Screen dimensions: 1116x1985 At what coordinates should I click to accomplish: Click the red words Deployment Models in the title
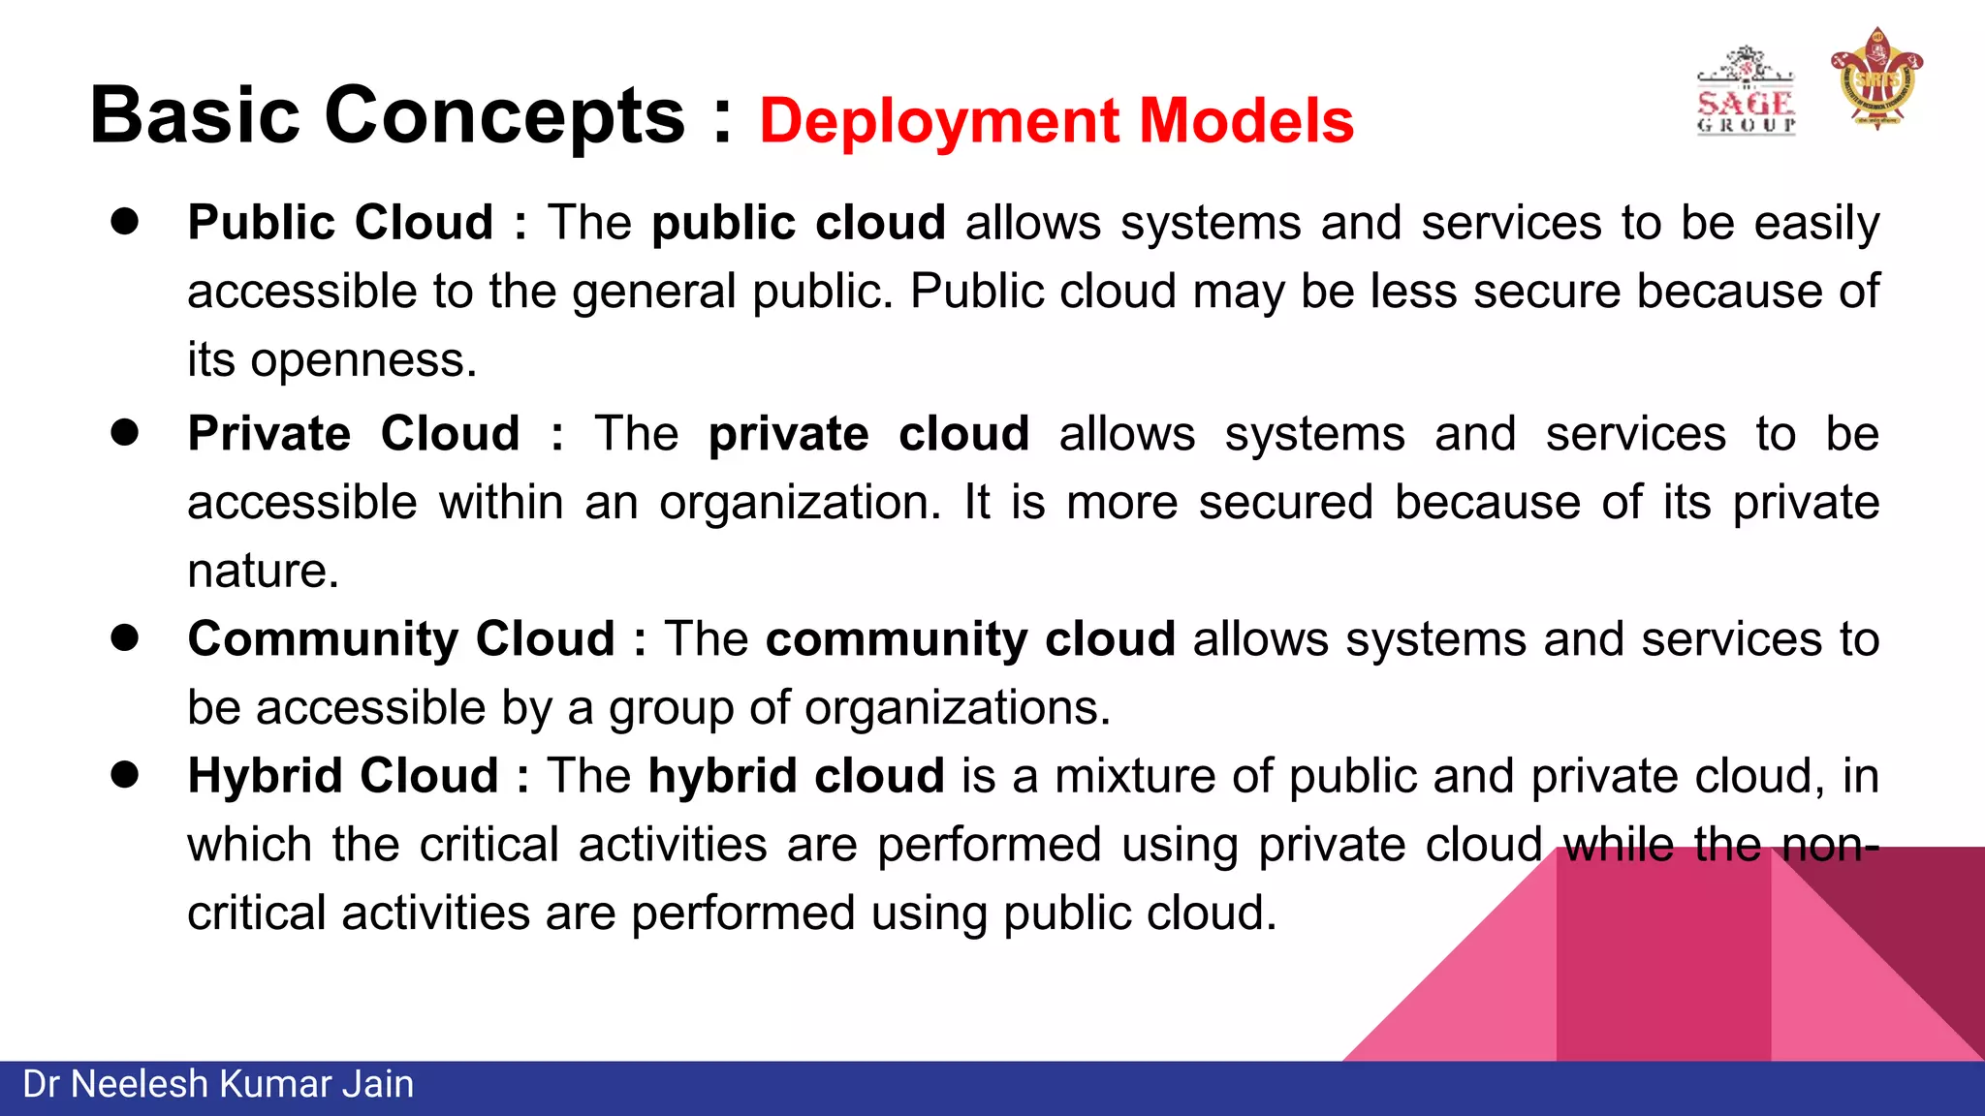pyautogui.click(x=1056, y=121)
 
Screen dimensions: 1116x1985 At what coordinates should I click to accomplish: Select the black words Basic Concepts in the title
pyautogui.click(x=387, y=116)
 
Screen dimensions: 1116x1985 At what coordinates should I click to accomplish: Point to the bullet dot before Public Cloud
pyautogui.click(x=125, y=222)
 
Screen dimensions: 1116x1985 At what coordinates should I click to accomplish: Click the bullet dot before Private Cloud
pyautogui.click(x=125, y=432)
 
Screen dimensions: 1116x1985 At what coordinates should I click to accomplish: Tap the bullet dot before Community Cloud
pyautogui.click(x=125, y=637)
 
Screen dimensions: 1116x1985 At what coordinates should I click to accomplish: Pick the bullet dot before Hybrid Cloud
pyautogui.click(x=125, y=775)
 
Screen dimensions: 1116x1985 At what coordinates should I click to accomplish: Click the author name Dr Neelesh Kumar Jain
pyautogui.click(x=218, y=1085)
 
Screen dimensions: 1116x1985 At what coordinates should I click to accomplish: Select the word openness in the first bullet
pyautogui.click(x=363, y=360)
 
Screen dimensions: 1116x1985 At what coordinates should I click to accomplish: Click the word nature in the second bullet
pyautogui.click(x=263, y=571)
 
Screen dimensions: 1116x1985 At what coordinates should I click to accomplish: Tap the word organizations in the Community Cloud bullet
pyautogui.click(x=957, y=708)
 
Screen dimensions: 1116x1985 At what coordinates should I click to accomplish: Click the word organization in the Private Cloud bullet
pyautogui.click(x=800, y=503)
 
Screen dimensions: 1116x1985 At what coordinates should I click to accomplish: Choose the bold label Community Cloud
pyautogui.click(x=401, y=639)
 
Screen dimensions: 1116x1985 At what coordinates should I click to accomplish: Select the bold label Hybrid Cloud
pyautogui.click(x=343, y=776)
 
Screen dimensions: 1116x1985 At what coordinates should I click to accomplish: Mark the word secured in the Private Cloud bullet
pyautogui.click(x=1286, y=503)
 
